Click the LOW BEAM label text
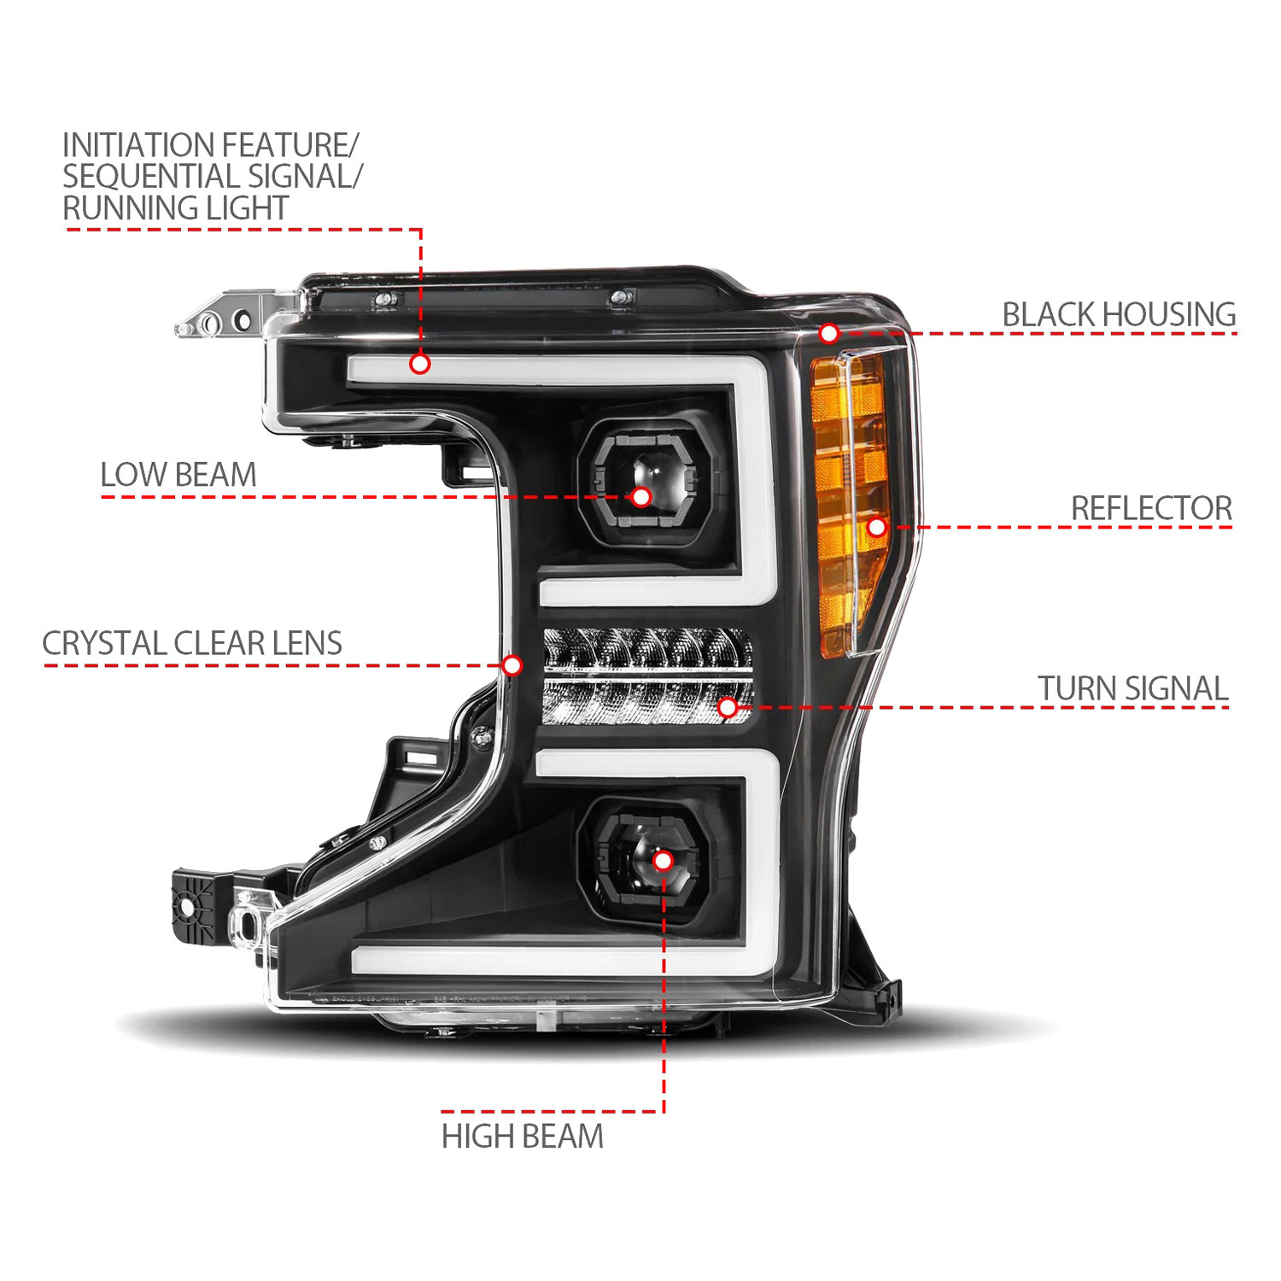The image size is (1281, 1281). pyautogui.click(x=178, y=475)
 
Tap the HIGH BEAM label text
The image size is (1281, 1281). pyautogui.click(x=523, y=1137)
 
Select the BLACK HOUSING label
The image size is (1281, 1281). pyautogui.click(x=1119, y=314)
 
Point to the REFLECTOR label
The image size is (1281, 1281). pyautogui.click(x=1151, y=508)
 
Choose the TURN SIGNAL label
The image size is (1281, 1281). pyautogui.click(x=1133, y=688)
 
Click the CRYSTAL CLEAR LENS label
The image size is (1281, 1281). pyautogui.click(x=192, y=643)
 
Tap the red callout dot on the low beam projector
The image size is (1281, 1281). pyautogui.click(x=640, y=496)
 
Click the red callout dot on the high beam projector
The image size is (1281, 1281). pyautogui.click(x=663, y=860)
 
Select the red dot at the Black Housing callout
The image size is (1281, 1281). pyautogui.click(x=828, y=333)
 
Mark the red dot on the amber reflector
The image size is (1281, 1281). pyautogui.click(x=877, y=527)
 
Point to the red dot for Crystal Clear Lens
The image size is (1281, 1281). pyautogui.click(x=512, y=665)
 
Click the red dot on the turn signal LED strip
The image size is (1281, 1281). pyautogui.click(x=728, y=707)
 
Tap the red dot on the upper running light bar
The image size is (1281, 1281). pyautogui.click(x=419, y=364)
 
